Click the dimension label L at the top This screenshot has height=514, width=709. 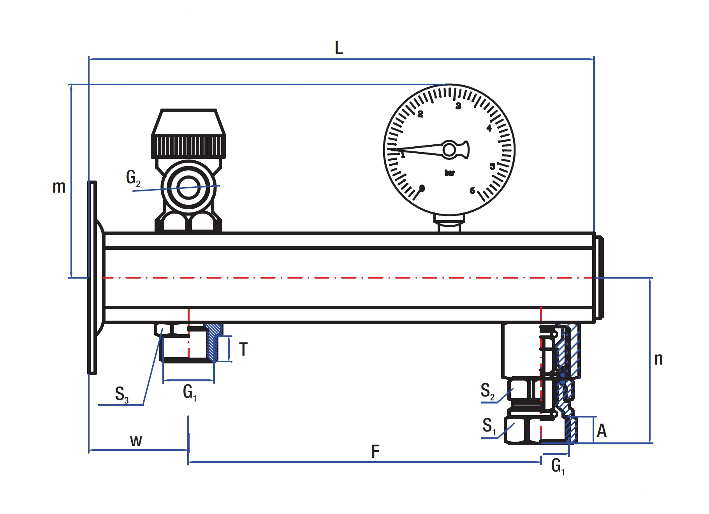click(339, 48)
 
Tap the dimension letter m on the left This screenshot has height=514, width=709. click(59, 187)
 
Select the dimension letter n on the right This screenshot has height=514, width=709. click(658, 359)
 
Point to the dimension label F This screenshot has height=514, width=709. click(375, 452)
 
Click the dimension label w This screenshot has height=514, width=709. click(136, 441)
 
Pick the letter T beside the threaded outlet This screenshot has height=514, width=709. click(243, 349)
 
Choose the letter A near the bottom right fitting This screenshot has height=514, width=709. click(602, 431)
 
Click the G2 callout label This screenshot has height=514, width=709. click(133, 178)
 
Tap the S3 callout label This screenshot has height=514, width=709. click(121, 394)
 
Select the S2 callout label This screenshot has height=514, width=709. click(487, 391)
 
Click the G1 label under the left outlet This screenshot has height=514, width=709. click(190, 392)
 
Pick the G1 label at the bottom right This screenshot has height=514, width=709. click(558, 466)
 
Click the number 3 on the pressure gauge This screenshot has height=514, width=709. click(458, 106)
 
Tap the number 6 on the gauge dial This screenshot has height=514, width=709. click(472, 190)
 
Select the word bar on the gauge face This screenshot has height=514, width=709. click(449, 173)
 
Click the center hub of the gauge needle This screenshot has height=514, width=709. click(449, 150)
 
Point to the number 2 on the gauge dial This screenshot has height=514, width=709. click(420, 114)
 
